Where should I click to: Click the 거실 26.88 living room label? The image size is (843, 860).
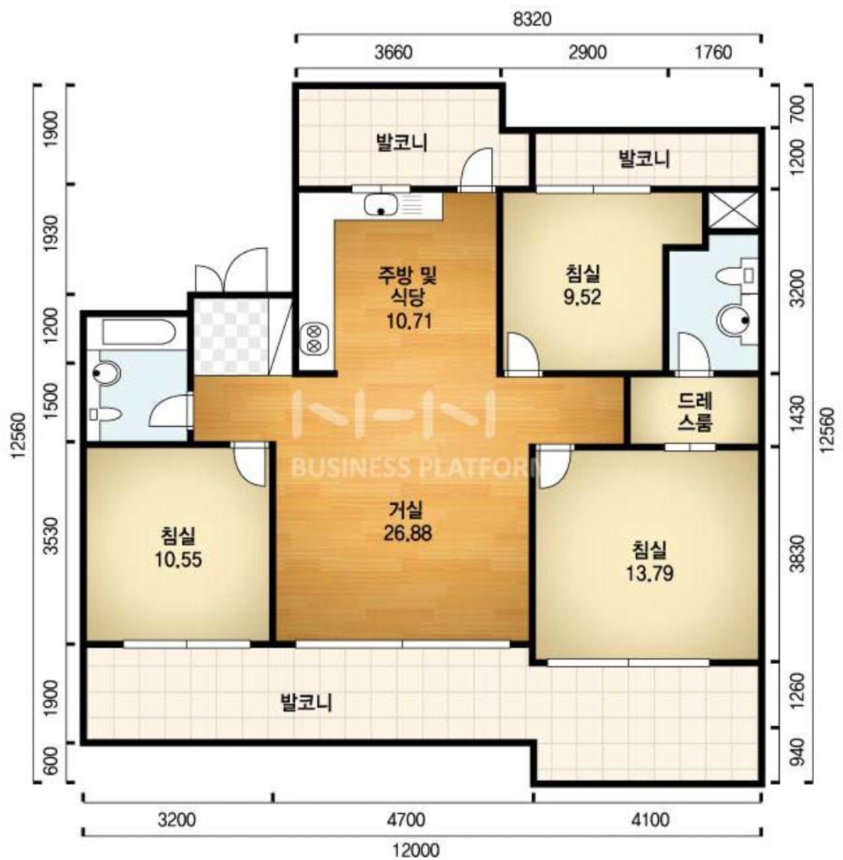click(x=407, y=521)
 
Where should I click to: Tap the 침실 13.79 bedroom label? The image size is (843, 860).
click(x=649, y=562)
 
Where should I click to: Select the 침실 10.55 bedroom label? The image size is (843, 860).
click(x=178, y=547)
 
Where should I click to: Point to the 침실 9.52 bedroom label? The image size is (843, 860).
click(x=582, y=285)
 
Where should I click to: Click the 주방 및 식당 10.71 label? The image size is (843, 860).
click(x=407, y=297)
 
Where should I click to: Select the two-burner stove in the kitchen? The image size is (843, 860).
click(x=314, y=339)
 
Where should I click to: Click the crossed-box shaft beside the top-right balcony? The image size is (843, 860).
click(x=734, y=210)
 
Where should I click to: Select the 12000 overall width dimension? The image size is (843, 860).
click(x=416, y=850)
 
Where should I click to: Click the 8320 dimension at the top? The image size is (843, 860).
click(x=532, y=19)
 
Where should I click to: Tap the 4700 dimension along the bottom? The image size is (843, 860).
click(x=406, y=820)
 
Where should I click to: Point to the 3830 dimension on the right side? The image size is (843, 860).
click(x=798, y=553)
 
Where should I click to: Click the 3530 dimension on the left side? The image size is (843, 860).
click(x=51, y=536)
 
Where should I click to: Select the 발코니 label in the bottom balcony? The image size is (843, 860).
click(x=306, y=702)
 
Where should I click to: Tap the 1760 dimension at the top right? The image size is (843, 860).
click(x=713, y=52)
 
